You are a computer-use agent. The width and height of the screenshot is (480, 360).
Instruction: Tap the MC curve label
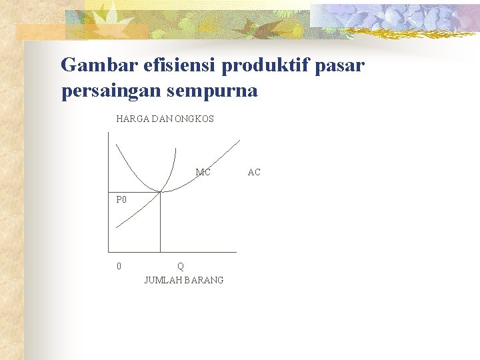click(x=203, y=173)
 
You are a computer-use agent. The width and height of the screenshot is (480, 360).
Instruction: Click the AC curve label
click(x=254, y=173)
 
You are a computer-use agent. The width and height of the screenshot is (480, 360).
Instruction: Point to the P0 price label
click(x=121, y=199)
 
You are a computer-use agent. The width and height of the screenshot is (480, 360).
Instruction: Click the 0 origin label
click(x=119, y=266)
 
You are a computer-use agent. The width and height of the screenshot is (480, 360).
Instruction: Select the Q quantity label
click(x=181, y=266)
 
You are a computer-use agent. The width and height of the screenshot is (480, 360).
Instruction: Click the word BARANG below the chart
click(x=205, y=280)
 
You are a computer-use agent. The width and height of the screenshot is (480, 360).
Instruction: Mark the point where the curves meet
click(x=160, y=192)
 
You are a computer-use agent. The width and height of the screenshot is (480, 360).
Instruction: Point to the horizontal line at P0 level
click(x=133, y=192)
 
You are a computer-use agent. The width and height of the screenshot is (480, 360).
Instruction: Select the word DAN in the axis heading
click(x=164, y=119)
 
